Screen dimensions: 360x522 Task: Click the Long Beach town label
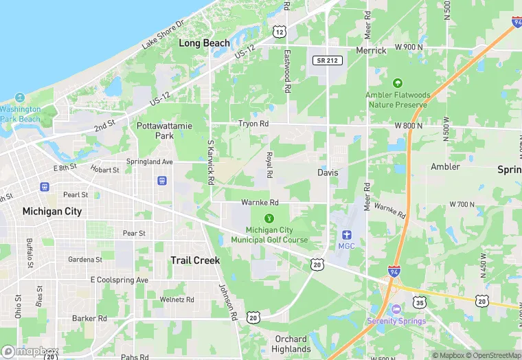pyautogui.click(x=205, y=43)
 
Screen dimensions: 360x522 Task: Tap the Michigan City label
pyautogui.click(x=52, y=211)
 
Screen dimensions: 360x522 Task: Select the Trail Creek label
pyautogui.click(x=195, y=260)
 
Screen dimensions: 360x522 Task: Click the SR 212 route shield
pyautogui.click(x=327, y=60)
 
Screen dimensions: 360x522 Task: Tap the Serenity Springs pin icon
pyautogui.click(x=396, y=310)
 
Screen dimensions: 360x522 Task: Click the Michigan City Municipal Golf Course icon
pyautogui.click(x=269, y=218)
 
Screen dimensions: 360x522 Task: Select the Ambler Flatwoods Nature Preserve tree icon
pyautogui.click(x=398, y=82)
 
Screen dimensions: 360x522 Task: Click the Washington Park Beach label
pyautogui.click(x=20, y=114)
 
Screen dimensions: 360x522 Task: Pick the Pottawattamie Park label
pyautogui.click(x=155, y=131)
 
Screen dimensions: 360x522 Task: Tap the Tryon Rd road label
pyautogui.click(x=253, y=124)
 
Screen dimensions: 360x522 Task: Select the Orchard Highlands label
pyautogui.click(x=291, y=344)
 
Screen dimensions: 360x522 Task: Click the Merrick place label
pyautogui.click(x=371, y=51)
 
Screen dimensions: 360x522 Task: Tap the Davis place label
pyautogui.click(x=328, y=172)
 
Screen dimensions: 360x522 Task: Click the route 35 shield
pyautogui.click(x=420, y=302)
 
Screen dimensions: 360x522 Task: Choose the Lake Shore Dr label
pyautogui.click(x=163, y=34)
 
